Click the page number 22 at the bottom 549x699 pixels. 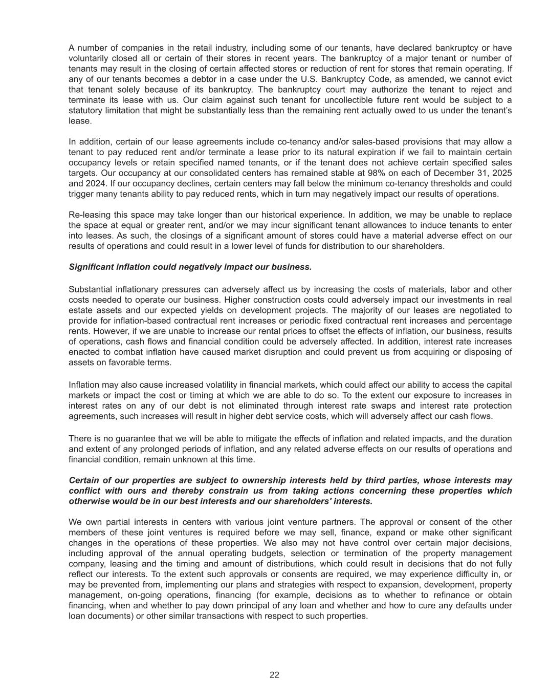(x=274, y=675)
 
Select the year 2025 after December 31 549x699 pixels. (x=502, y=173)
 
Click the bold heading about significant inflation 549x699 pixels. (x=190, y=267)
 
